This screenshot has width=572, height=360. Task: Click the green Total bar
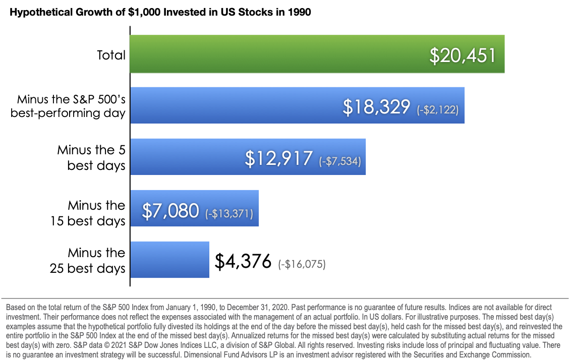point(277,54)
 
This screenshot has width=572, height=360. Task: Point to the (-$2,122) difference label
point(438,109)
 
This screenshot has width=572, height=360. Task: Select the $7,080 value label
point(170,210)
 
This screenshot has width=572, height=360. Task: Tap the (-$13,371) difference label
point(229,213)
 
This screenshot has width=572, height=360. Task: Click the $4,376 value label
point(243,262)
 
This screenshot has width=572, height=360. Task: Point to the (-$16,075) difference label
point(302,264)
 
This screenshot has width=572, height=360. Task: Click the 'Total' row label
point(111,54)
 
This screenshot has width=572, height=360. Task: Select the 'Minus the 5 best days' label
point(91,157)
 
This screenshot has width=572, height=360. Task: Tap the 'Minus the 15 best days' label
point(88,213)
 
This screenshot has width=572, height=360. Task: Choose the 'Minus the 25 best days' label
point(88,260)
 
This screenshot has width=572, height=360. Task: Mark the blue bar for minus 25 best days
point(169,260)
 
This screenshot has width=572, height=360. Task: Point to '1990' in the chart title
point(300,13)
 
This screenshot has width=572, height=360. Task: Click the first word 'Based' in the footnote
point(16,307)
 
